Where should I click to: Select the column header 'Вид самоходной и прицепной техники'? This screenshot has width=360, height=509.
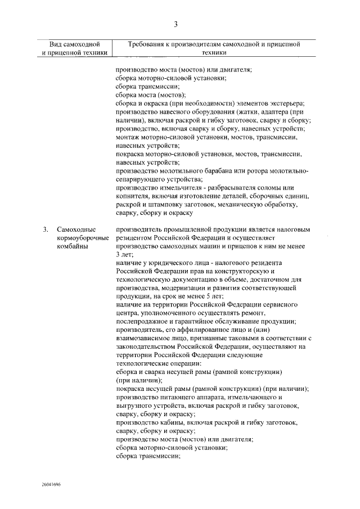(74, 48)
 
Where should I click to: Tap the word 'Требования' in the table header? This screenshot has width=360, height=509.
(146, 44)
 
